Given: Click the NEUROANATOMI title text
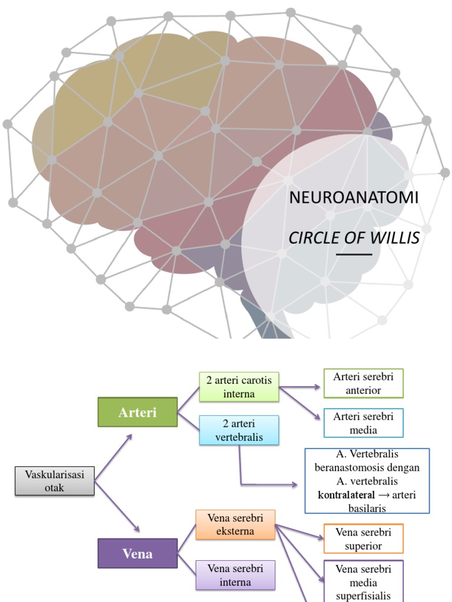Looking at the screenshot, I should point(354,198).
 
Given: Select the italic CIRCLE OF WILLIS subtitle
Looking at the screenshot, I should point(354,238).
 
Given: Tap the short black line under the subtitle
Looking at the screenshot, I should point(354,255).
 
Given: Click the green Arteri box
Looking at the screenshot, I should point(137,412).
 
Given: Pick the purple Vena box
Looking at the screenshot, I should point(137,553).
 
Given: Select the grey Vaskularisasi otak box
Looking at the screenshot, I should point(54,481).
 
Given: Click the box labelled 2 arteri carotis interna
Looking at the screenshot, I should point(239,387).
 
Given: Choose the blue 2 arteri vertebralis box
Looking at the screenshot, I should point(239,430).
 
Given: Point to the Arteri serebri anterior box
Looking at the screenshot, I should point(363,383).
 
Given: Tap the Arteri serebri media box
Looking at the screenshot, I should point(363,423).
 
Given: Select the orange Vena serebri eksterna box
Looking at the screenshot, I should point(235,524).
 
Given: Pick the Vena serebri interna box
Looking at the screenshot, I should point(235,575).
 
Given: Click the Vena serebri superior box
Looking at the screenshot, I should point(363,539).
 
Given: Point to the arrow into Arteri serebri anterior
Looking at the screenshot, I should point(300,387).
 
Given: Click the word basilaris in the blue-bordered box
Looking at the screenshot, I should point(367,509).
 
